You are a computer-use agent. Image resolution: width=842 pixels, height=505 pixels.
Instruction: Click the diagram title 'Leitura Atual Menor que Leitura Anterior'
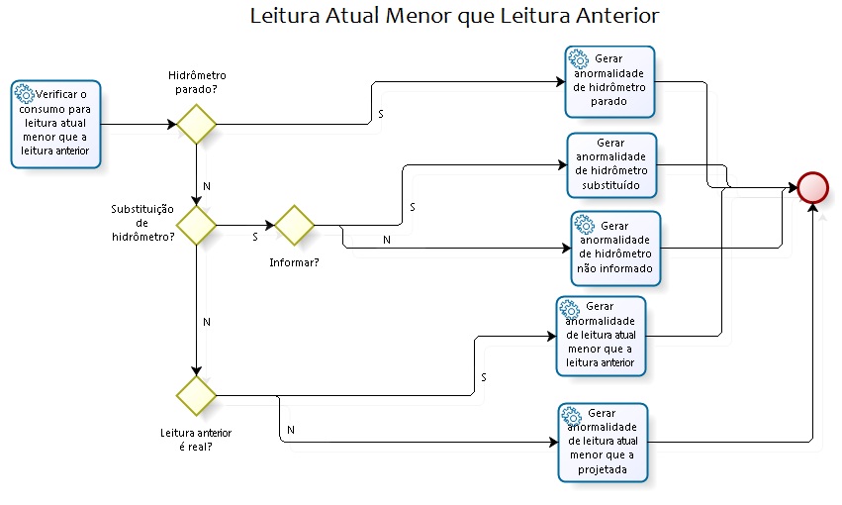tap(454, 16)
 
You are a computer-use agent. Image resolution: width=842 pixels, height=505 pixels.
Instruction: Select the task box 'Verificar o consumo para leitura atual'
tap(56, 124)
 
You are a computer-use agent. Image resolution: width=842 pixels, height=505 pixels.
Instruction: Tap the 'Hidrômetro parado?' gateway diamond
tap(197, 125)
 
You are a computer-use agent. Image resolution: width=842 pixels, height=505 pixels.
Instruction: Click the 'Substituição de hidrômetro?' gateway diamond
tap(197, 225)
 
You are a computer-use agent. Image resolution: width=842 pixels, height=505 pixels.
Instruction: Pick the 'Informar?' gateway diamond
tap(295, 225)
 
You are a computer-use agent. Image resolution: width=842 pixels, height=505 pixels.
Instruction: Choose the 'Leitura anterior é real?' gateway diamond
tap(197, 395)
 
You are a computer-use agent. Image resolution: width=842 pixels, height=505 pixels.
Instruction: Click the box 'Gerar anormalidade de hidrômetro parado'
tap(609, 80)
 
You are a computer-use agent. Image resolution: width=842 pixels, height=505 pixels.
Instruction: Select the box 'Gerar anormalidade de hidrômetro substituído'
tap(610, 164)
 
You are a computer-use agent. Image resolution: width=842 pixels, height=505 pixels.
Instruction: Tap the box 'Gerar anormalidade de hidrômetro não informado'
tap(614, 248)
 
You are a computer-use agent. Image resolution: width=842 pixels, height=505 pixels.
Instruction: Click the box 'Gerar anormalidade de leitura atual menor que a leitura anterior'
tap(601, 337)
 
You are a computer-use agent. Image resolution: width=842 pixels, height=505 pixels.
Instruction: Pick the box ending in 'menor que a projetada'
tap(603, 443)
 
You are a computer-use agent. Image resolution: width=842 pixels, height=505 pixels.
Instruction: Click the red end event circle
tap(812, 187)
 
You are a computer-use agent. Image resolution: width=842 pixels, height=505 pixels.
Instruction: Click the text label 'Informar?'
tap(294, 262)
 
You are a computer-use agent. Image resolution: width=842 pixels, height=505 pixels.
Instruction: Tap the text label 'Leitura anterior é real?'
tap(196, 440)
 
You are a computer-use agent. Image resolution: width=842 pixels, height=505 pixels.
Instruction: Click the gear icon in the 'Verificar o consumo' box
tap(26, 94)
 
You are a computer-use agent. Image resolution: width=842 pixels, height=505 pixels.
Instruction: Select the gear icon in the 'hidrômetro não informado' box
tap(584, 225)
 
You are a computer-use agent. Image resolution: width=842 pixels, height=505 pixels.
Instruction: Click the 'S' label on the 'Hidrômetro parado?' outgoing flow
tap(381, 115)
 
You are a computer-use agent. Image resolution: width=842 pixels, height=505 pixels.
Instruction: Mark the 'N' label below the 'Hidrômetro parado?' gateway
tap(206, 186)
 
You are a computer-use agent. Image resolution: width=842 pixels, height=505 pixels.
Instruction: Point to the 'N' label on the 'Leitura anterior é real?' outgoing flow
tap(291, 430)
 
